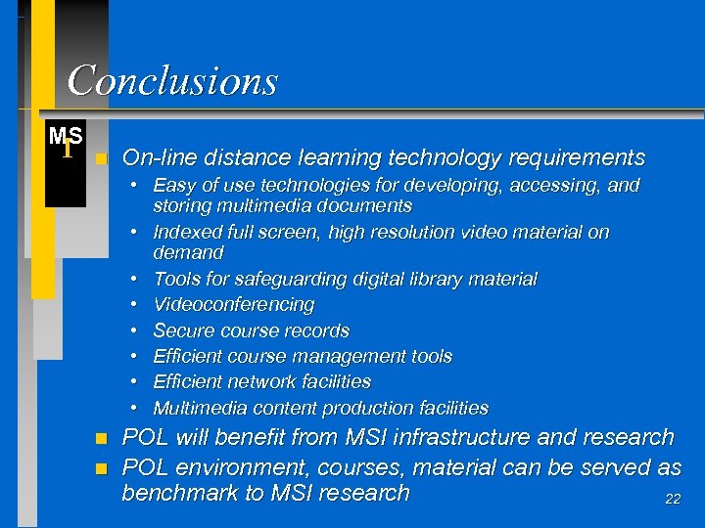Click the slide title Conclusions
pyautogui.click(x=172, y=80)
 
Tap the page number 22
pyautogui.click(x=673, y=499)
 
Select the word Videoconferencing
pyautogui.click(x=234, y=305)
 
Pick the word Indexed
pyautogui.click(x=188, y=233)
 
